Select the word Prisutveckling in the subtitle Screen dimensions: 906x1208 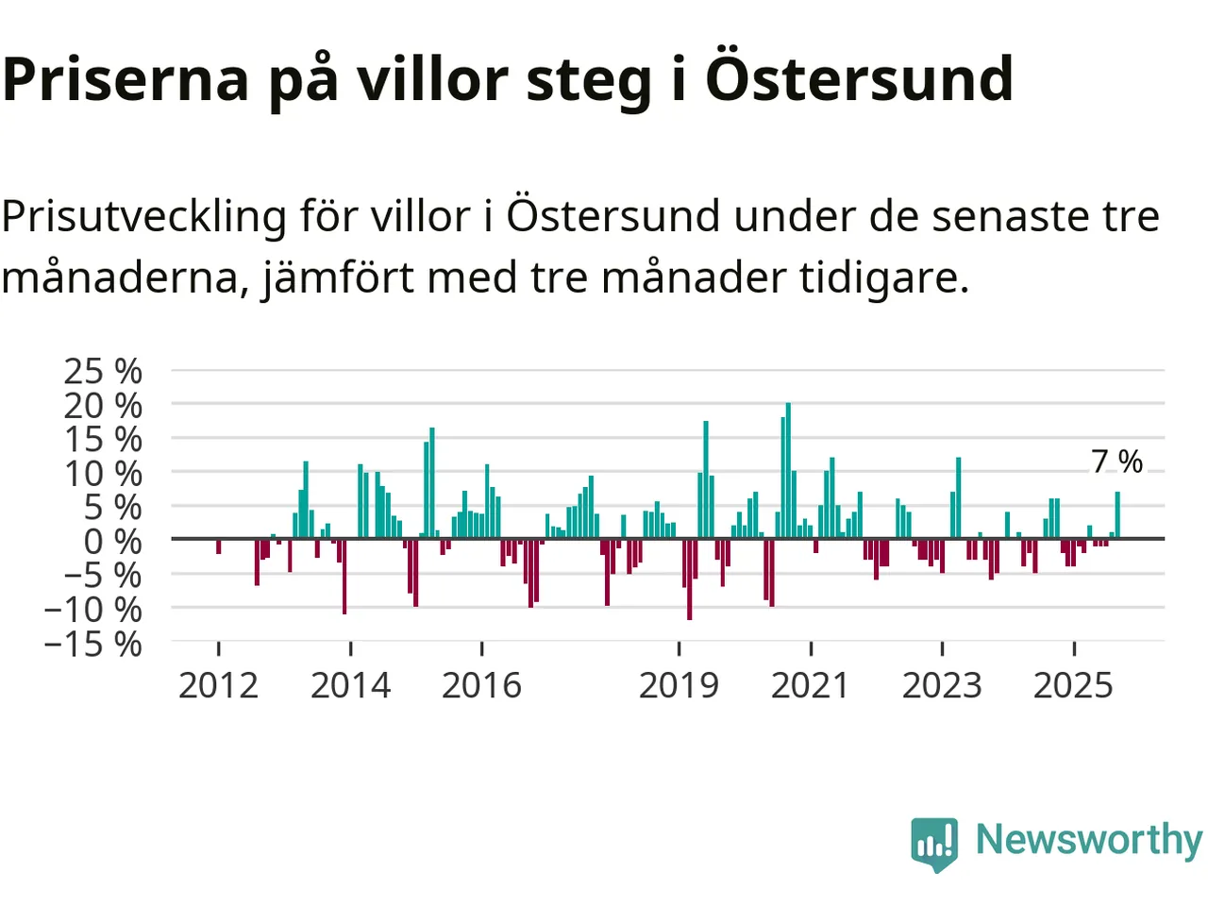[x=143, y=217]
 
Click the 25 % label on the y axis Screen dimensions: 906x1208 [x=103, y=371]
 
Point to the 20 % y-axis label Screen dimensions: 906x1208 [x=103, y=406]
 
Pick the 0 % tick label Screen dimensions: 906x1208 [x=112, y=542]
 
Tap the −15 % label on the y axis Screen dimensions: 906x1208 [x=93, y=644]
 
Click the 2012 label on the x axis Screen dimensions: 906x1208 [x=218, y=685]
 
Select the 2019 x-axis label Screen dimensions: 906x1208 [x=679, y=685]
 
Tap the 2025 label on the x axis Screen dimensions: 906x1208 [x=1073, y=685]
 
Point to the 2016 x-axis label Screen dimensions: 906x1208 [x=481, y=685]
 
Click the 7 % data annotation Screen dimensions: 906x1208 [x=1116, y=461]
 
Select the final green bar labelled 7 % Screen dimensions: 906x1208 [x=1117, y=515]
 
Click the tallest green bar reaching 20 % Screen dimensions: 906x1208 [x=788, y=472]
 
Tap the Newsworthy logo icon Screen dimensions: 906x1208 [x=934, y=842]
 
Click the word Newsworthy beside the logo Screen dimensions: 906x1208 [x=1088, y=839]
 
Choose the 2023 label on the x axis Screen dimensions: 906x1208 [x=942, y=685]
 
